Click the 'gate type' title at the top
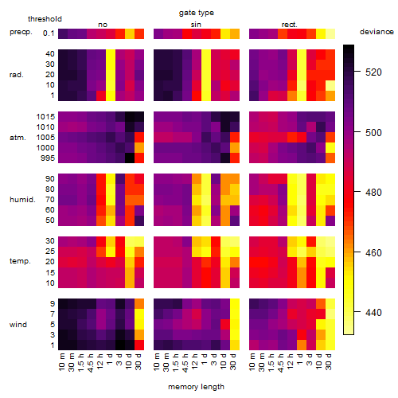coord(197,13)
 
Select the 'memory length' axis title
coord(196,387)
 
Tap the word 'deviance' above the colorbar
coord(377,32)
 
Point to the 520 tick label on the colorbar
coord(373,72)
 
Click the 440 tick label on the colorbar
coord(373,313)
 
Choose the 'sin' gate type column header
coord(196,25)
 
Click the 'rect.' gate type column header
coord(289,25)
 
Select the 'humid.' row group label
coord(22,200)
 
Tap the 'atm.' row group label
coord(18,138)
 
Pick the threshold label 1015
coord(45,117)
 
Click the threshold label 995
coord(48,158)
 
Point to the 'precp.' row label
coord(21,32)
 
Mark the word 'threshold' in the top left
coord(45,19)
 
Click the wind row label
coord(18,325)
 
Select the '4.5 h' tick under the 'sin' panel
coord(185,362)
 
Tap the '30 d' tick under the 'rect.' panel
coord(329,361)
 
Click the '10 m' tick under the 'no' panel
coord(61,362)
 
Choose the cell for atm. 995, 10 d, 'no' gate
coord(130,158)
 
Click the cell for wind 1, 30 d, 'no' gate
coord(139,345)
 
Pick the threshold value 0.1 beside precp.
coord(49,33)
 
